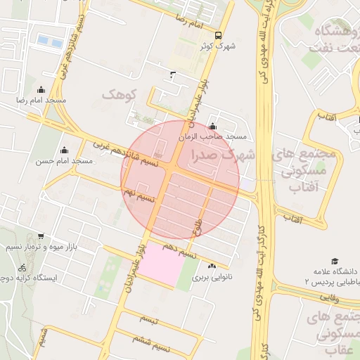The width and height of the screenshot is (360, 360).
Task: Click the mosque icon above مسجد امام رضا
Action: coord(41,89)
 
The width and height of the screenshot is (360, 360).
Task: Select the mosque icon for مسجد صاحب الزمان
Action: coord(212,126)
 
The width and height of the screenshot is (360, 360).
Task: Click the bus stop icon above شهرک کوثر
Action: coord(218,34)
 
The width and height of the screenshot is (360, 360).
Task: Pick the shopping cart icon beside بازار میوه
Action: coord(41,236)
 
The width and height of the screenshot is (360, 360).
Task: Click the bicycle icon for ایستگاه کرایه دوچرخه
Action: coord(22,267)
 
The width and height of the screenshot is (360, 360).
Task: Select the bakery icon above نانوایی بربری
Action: coord(212,266)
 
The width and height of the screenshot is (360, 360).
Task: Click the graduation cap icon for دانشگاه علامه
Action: coord(335,261)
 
